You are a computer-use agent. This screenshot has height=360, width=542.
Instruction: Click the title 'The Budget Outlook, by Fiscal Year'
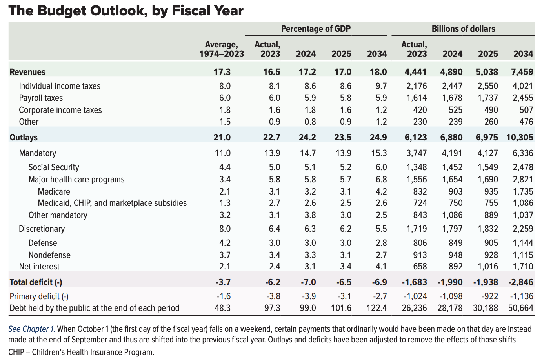pyautogui.click(x=126, y=11)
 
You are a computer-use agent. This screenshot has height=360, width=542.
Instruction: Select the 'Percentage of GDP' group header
pyautogui.click(x=316, y=29)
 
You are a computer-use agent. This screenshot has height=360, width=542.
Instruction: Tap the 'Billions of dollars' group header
pyautogui.click(x=463, y=29)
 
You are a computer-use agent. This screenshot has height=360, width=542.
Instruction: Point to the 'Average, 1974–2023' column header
pyautogui.click(x=222, y=49)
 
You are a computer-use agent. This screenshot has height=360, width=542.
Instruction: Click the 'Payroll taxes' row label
pyautogui.click(x=41, y=98)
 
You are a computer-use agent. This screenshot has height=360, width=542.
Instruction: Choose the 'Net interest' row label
pyautogui.click(x=39, y=267)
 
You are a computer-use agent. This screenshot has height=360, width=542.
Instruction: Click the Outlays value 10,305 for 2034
pyautogui.click(x=520, y=137)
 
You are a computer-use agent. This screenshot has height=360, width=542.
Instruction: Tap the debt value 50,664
pyautogui.click(x=520, y=308)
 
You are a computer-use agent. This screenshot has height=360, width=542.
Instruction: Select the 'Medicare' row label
pyautogui.click(x=54, y=192)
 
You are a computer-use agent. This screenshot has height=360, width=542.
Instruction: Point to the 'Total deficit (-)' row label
pyautogui.click(x=36, y=282)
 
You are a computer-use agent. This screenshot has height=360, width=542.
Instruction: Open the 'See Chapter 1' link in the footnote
pyautogui.click(x=31, y=329)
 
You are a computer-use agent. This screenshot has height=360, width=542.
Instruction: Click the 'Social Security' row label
pyautogui.click(x=54, y=167)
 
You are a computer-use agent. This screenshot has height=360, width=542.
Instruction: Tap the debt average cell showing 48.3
pyautogui.click(x=223, y=308)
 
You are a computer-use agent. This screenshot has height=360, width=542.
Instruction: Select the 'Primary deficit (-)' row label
pyautogui.click(x=39, y=296)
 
